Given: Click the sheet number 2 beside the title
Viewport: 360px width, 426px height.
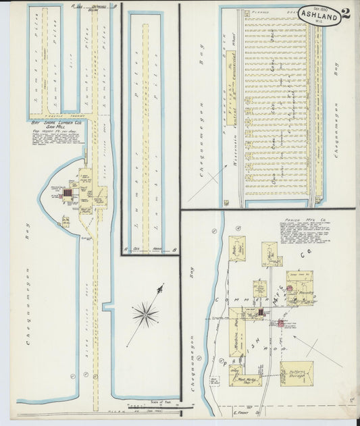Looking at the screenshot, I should pos(345,14).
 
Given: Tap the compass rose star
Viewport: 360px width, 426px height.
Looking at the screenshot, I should pos(145,313).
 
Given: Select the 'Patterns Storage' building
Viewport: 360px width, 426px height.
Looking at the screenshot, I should pos(297,373).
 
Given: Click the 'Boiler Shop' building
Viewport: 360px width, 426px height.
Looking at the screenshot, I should pos(236,248).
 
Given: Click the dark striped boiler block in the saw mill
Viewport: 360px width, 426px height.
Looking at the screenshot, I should pos(67,195).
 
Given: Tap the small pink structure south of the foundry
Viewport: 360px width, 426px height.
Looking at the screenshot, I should pos(279,324).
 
